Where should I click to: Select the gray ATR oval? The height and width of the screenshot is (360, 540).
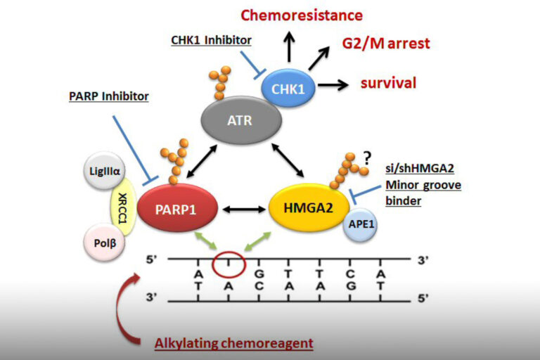click(239, 120)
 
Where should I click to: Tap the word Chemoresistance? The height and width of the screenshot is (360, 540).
click(302, 15)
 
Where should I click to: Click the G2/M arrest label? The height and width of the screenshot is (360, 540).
click(386, 44)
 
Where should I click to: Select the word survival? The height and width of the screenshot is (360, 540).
click(388, 83)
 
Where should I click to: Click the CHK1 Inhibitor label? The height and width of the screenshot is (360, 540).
click(209, 39)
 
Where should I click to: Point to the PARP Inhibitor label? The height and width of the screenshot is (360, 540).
click(110, 96)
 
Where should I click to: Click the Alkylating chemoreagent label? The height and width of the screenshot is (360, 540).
click(233, 343)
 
